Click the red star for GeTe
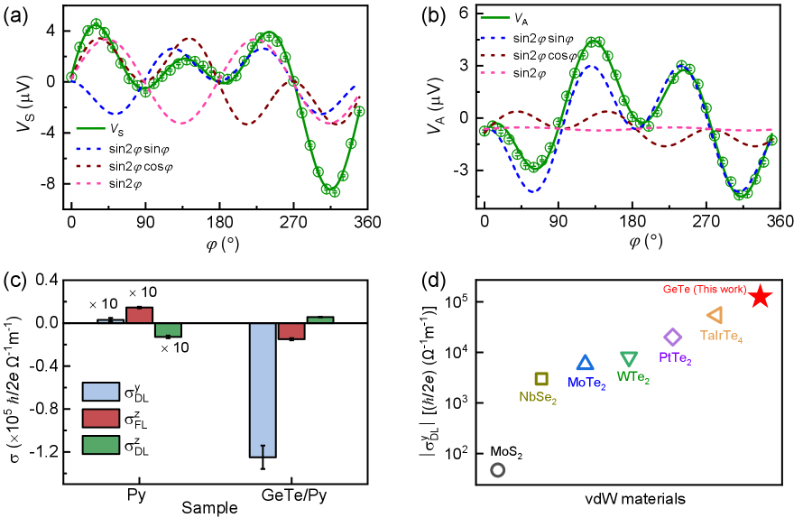coord(760,296)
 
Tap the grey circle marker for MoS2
coord(497,469)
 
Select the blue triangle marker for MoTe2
coord(585,363)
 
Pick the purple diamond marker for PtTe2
coord(673,337)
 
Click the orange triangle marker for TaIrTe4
coord(715,315)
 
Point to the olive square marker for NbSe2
coord(541,379)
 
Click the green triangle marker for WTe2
coord(629,358)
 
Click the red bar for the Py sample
coord(139,315)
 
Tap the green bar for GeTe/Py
coord(319,319)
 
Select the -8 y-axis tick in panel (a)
coord(51,183)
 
